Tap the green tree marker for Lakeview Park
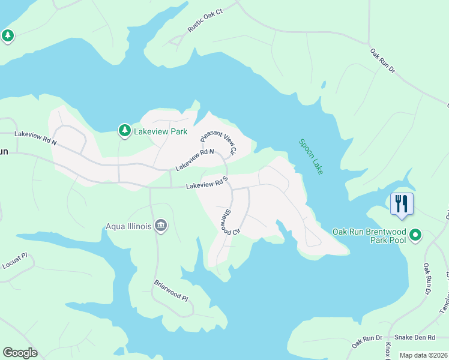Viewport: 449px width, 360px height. pos(124,130)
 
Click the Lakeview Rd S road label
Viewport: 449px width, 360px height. pos(207,184)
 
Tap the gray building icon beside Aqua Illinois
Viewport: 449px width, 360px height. pos(161,226)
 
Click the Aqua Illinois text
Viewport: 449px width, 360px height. pos(128,226)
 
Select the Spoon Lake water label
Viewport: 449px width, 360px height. pos(311,157)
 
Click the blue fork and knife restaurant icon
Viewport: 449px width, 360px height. pos(402,203)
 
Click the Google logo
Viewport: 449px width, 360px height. pos(20,352)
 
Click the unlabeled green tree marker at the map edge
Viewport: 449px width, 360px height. pos(7,36)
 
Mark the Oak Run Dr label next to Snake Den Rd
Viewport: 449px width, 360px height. pos(367,340)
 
